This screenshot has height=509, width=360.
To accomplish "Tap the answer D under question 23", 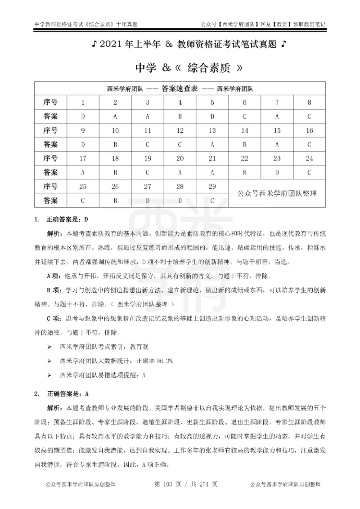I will point(277,172).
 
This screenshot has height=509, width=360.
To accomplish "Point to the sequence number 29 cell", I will point(212,186).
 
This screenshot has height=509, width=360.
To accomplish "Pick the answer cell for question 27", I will point(148,200).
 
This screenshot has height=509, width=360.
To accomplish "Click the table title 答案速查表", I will point(180,89).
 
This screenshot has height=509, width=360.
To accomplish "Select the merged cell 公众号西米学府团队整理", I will point(277,193).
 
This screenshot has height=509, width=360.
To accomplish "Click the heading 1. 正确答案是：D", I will point(64,219).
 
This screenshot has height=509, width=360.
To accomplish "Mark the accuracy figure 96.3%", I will point(165,361).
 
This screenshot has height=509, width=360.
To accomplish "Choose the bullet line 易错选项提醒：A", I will point(103,374).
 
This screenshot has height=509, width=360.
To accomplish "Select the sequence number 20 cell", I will point(180,158).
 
